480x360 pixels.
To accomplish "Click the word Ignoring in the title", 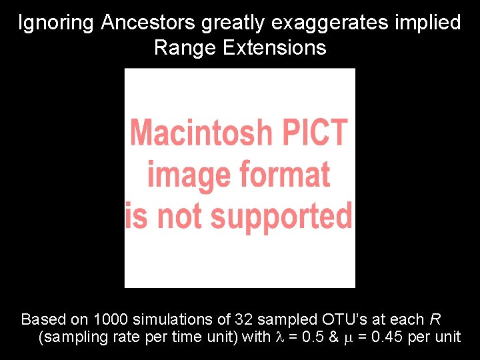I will (57, 23).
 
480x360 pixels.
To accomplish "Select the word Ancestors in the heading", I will (148, 23).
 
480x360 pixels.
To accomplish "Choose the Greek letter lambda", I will (280, 337).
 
